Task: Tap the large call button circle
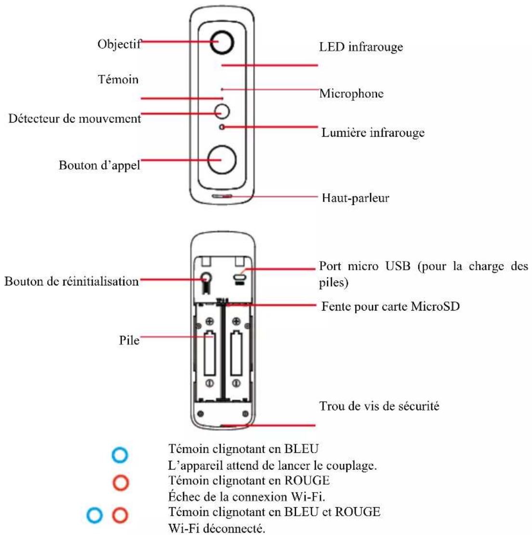(222, 160)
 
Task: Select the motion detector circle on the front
(222, 111)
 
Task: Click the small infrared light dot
(222, 127)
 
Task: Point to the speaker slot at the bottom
(222, 196)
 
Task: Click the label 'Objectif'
(120, 44)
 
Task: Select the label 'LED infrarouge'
(360, 47)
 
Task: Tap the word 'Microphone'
(351, 94)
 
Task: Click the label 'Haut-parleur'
(355, 198)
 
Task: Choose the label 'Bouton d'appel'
(99, 165)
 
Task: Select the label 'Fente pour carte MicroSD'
(390, 306)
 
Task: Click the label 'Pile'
(129, 340)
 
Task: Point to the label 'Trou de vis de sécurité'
(379, 406)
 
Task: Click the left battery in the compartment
(209, 355)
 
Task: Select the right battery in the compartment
(236, 355)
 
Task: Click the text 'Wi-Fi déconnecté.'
(216, 528)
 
